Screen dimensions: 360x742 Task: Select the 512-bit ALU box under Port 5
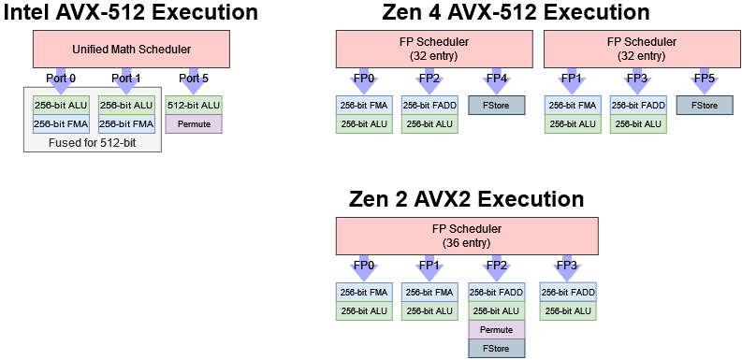(x=194, y=105)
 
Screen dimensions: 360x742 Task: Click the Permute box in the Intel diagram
(x=194, y=122)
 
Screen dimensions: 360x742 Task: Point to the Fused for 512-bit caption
(x=93, y=144)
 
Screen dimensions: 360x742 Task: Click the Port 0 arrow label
(x=61, y=78)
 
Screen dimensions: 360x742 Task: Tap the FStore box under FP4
(x=496, y=105)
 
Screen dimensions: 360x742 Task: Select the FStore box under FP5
(x=704, y=105)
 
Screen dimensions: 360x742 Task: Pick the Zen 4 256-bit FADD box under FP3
(x=638, y=105)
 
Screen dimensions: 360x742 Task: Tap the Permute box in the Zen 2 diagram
(x=496, y=329)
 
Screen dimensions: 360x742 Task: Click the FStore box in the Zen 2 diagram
(x=496, y=347)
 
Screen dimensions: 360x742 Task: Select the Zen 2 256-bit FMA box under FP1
(x=430, y=292)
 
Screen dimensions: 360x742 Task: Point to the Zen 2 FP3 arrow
(x=567, y=266)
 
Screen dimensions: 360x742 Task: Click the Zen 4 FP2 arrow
(x=430, y=79)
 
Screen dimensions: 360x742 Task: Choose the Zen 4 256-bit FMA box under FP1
(x=573, y=105)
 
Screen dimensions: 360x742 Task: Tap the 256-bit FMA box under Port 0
(x=61, y=122)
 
